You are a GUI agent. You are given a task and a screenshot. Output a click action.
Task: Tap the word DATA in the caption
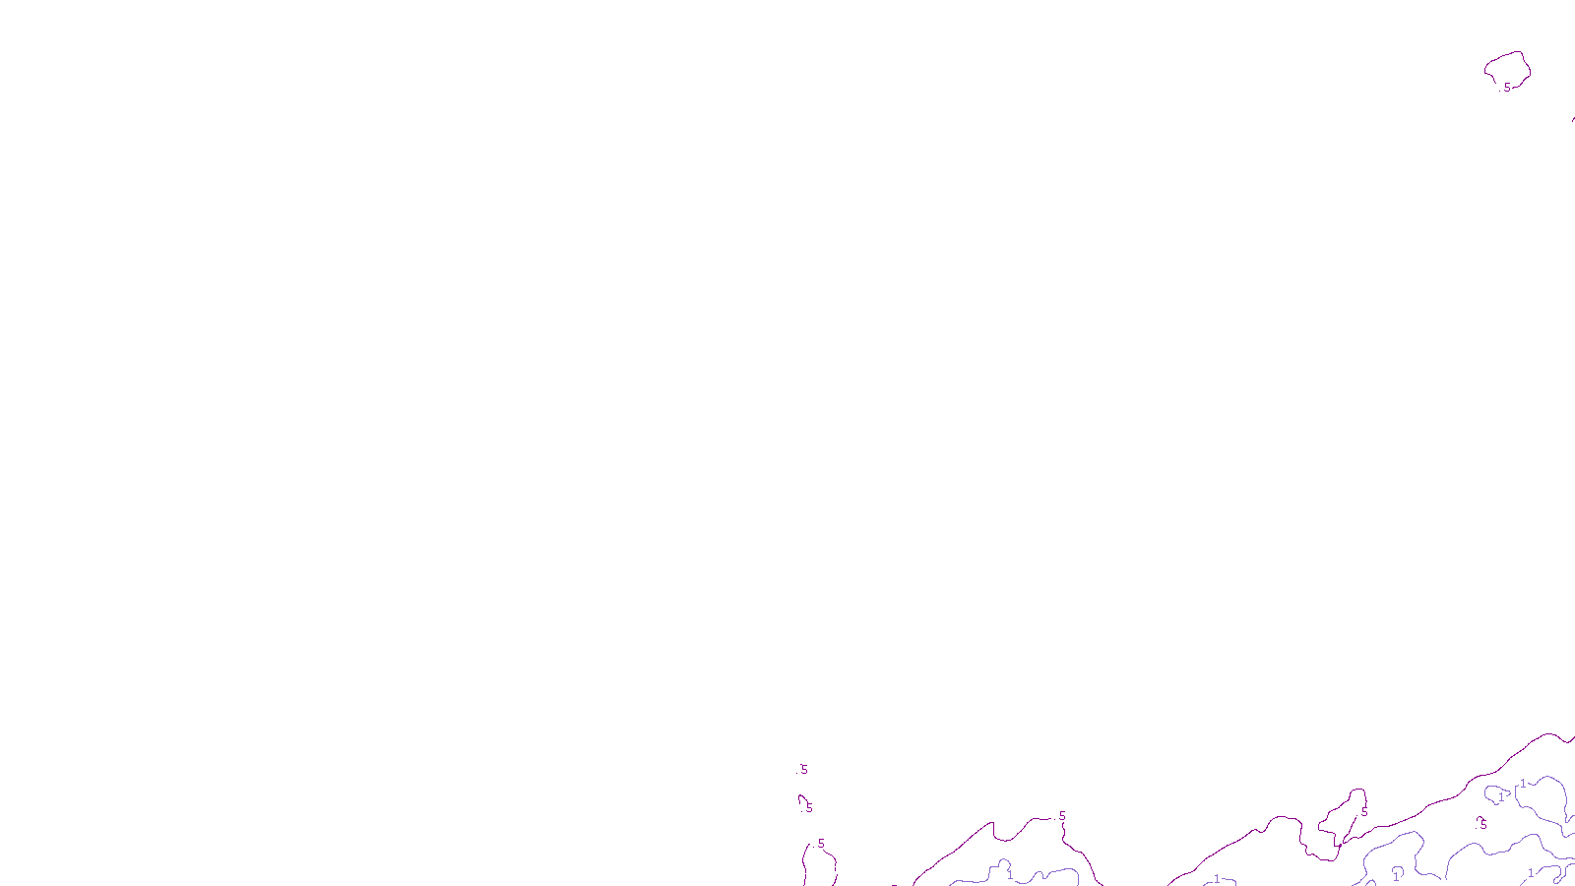832,870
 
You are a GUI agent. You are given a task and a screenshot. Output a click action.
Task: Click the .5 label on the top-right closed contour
1506,88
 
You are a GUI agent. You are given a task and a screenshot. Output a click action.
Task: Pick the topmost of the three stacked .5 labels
803,770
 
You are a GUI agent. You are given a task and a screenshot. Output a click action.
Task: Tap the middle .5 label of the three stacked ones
808,807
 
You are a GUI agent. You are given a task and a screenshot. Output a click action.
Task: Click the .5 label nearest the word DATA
820,844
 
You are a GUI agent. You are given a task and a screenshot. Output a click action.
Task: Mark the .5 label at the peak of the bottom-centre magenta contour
1061,816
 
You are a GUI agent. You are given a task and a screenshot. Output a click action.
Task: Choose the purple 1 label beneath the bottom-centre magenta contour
1009,873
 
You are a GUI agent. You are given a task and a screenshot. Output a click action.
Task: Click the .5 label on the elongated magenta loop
1363,812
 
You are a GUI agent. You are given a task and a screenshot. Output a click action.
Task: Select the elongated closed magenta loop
1341,817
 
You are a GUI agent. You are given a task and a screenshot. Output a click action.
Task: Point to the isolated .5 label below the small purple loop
1482,824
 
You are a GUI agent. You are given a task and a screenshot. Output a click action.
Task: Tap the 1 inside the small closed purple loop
1501,795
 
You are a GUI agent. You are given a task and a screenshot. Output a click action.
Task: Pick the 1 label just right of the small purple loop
1523,784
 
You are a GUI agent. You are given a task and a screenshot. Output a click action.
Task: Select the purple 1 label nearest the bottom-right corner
1531,873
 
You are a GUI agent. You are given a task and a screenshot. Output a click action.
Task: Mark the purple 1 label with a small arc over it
1396,875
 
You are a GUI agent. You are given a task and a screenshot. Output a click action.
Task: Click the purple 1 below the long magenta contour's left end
1217,879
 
